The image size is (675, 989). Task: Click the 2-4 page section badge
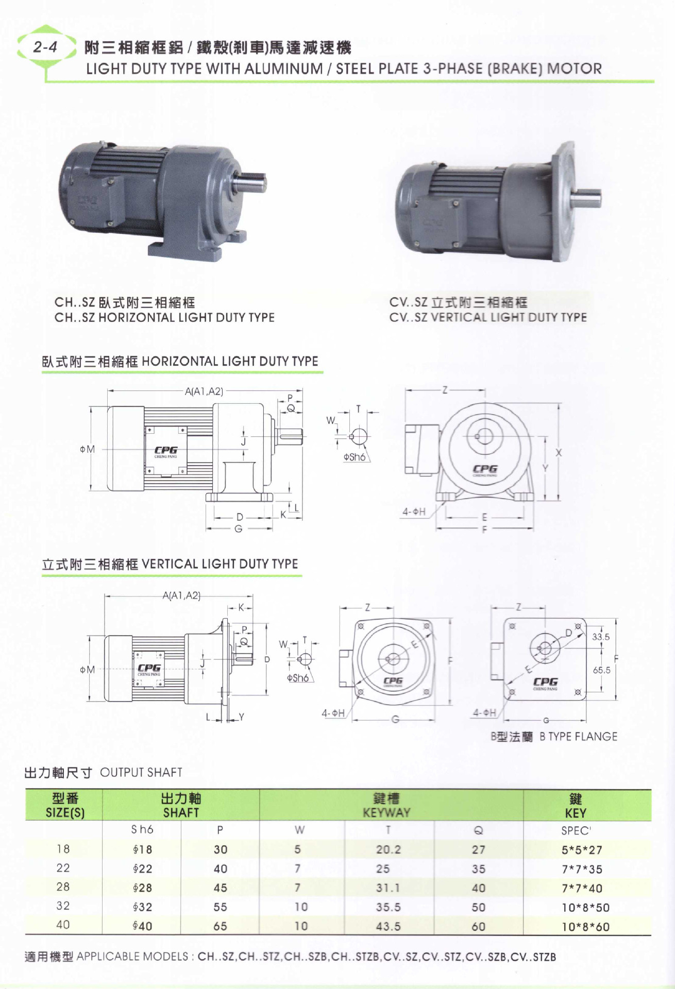[x=45, y=47]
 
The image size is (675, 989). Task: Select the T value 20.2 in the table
[x=388, y=849]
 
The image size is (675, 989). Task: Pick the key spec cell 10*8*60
[x=585, y=927]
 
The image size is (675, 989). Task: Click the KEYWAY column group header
[x=386, y=805]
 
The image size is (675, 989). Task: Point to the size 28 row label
[x=63, y=886]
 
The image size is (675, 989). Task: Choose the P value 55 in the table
[x=221, y=907]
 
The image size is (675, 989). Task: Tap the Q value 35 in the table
[x=478, y=869]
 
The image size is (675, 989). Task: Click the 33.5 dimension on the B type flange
[x=601, y=637]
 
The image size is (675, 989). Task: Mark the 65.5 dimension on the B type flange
[x=601, y=670]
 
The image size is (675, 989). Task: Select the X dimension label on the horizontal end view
[x=559, y=453]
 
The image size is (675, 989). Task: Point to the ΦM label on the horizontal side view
[x=87, y=449]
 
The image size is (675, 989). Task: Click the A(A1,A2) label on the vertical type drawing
[x=181, y=595]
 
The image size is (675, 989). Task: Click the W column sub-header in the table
[x=299, y=830]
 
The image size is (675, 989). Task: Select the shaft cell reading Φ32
[x=142, y=907]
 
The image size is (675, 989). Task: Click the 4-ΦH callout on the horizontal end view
[x=414, y=511]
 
